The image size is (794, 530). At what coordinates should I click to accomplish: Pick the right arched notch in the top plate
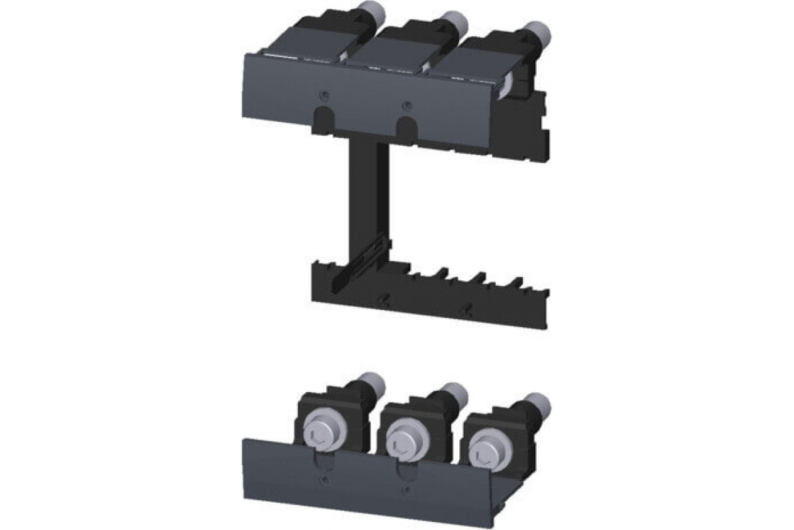[407, 127]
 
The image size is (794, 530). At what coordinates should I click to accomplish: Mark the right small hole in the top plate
[408, 103]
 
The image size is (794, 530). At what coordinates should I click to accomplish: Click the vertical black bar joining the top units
[363, 199]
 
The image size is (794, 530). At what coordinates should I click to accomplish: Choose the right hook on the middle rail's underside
[468, 308]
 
